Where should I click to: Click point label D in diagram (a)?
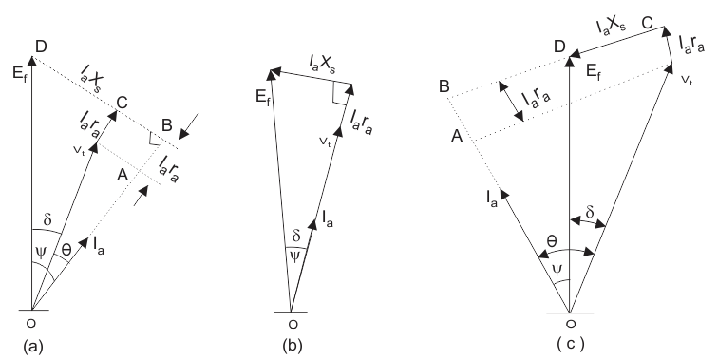coord(39,47)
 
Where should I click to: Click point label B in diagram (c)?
coord(444,87)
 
